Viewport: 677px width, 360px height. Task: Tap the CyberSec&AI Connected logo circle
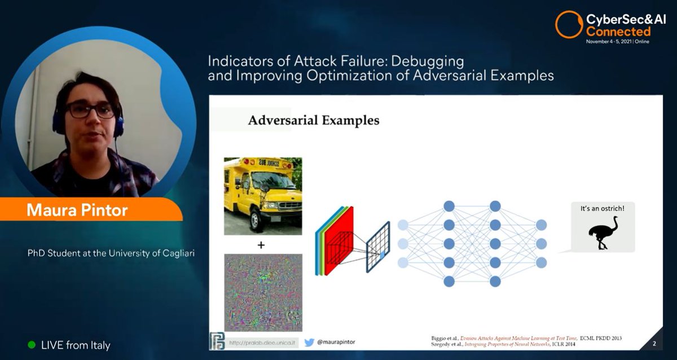(x=568, y=25)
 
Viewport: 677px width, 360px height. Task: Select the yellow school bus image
(x=263, y=196)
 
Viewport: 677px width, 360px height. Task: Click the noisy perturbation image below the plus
(x=263, y=292)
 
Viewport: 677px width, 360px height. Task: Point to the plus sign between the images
(x=261, y=245)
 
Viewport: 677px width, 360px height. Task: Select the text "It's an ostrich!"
(x=603, y=209)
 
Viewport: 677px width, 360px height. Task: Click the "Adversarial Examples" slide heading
(x=314, y=120)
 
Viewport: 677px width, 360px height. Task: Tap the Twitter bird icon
(x=309, y=342)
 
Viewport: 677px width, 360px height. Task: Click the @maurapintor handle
(x=337, y=342)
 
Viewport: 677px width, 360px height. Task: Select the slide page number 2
(x=654, y=344)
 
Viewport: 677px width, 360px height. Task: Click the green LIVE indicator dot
(x=32, y=344)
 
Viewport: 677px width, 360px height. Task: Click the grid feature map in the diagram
(x=378, y=247)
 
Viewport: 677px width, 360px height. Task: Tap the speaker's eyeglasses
(x=90, y=110)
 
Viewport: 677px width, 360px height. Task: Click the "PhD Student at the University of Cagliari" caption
(x=111, y=253)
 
